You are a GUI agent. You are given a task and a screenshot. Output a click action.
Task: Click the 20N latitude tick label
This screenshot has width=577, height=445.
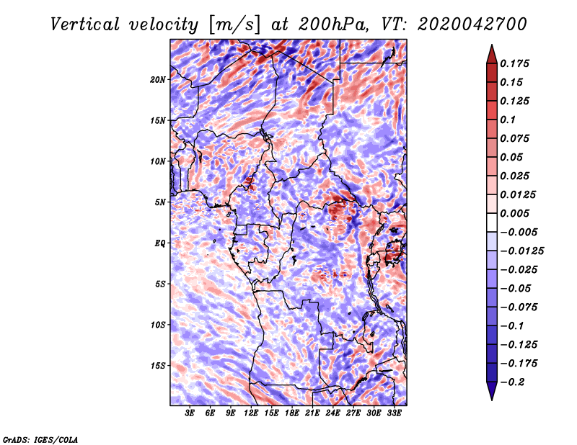point(158,79)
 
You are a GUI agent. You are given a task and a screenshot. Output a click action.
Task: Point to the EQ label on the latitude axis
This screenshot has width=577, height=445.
point(159,243)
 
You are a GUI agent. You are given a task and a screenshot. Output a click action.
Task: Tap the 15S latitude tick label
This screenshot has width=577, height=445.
point(158,366)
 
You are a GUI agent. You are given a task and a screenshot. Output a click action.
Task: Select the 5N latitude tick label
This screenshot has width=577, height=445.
point(160,202)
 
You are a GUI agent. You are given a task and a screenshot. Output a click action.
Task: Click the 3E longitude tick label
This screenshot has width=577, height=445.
point(190,413)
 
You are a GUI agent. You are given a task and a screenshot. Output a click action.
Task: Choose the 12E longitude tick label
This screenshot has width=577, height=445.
point(252,413)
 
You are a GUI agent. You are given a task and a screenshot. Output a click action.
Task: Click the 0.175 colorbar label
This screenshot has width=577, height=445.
point(516,63)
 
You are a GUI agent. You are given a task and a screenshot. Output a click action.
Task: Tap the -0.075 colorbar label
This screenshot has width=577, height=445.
point(521,307)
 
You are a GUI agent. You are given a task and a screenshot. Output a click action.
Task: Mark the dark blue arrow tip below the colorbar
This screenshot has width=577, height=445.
point(491,395)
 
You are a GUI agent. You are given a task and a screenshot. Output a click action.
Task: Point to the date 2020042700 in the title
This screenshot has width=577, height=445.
point(464,24)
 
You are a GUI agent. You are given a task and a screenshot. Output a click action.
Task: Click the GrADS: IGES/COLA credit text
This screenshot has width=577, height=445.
point(40,439)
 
